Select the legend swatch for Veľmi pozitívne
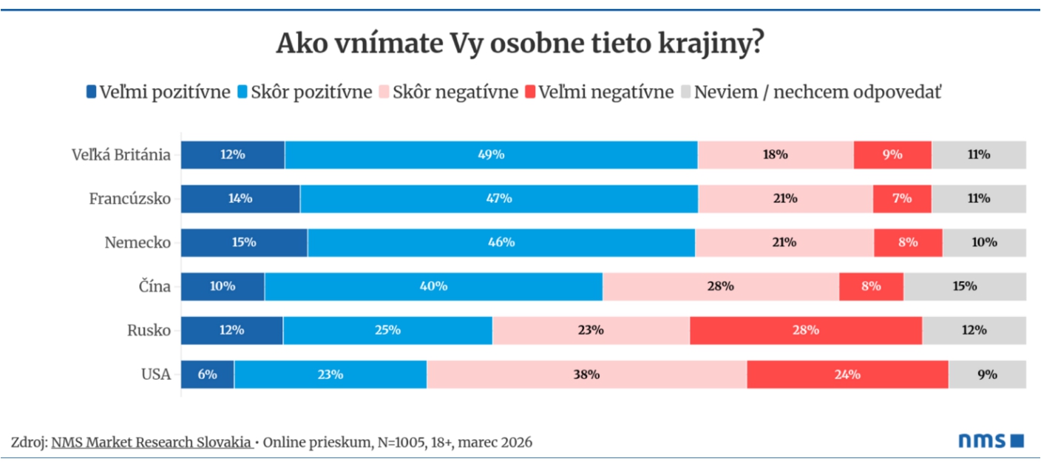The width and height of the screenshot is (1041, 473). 92,92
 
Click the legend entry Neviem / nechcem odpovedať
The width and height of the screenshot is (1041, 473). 818,92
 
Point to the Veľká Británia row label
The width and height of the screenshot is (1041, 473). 121,155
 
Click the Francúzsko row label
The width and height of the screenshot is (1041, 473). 130,199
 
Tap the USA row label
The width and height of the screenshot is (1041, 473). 156,375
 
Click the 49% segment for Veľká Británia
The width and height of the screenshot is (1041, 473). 491,155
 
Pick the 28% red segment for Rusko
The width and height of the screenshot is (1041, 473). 806,330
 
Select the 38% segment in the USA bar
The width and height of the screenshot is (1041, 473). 586,375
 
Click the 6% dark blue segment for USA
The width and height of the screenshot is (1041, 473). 208,375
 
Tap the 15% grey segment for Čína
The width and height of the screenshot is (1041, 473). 965,287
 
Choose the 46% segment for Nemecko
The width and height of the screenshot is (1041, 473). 501,242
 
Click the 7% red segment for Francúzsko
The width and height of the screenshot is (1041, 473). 901,199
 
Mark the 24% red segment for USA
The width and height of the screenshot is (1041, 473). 847,375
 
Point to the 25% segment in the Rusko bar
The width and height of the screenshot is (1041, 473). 387,330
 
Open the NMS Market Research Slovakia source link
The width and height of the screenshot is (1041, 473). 151,443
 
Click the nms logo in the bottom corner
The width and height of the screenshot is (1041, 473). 991,441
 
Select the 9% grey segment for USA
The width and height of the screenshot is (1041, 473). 987,375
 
